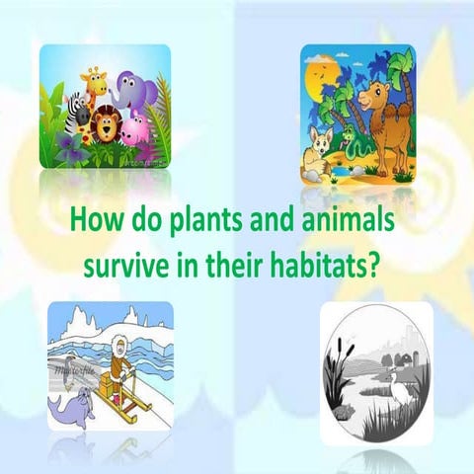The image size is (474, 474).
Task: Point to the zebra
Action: click(74, 117)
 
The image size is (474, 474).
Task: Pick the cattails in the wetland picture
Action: click(342, 355)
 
